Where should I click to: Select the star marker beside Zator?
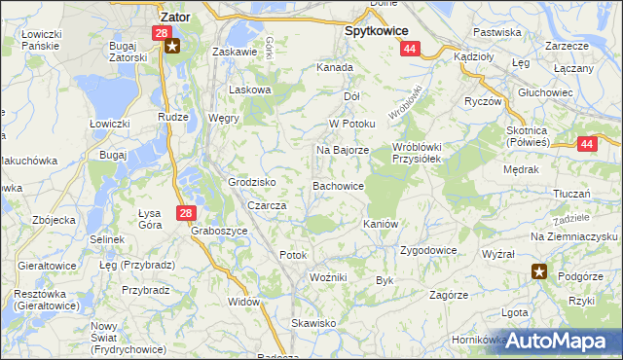(172, 46)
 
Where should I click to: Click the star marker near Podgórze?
(539, 271)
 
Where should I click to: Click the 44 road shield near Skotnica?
(585, 144)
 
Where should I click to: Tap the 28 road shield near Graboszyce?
(186, 212)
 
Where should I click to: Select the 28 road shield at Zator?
(161, 33)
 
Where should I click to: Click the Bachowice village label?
(338, 185)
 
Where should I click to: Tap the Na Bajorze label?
(342, 151)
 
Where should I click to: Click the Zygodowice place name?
(427, 250)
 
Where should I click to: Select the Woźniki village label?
(328, 278)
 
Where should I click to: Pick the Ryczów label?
(483, 101)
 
